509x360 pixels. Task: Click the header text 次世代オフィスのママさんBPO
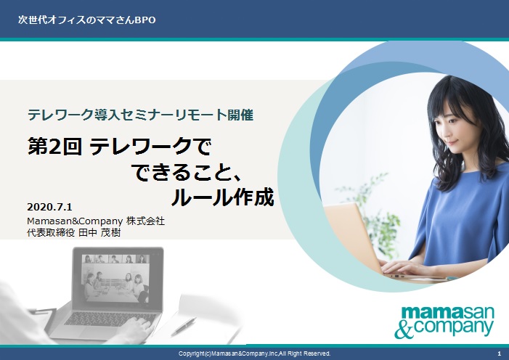point(86,20)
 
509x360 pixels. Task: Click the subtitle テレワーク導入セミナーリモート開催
point(139,115)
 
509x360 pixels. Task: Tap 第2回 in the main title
point(54,148)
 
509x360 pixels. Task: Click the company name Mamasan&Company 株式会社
point(95,221)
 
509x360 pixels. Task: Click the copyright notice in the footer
point(255,353)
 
